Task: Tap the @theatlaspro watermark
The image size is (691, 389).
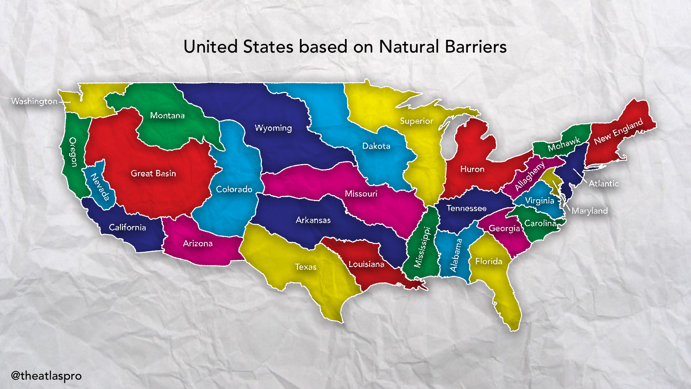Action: tap(46, 376)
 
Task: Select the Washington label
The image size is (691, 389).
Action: tap(34, 101)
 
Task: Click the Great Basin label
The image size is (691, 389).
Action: tap(153, 173)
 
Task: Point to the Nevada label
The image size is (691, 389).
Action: tap(100, 187)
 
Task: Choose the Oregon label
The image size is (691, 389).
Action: tap(73, 152)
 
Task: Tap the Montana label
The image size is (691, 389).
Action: tap(167, 116)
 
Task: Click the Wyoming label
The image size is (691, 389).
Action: tap(273, 128)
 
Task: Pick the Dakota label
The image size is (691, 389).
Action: tap(376, 146)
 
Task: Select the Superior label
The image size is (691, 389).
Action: tap(416, 121)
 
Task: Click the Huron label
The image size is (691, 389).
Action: tap(472, 169)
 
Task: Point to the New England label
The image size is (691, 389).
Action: tap(618, 131)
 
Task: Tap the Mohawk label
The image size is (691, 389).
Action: tap(564, 144)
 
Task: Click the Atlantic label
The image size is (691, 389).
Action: tap(604, 184)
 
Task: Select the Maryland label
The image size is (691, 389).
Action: tap(590, 211)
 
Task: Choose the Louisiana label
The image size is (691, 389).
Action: tap(366, 264)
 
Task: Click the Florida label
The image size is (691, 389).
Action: tap(489, 261)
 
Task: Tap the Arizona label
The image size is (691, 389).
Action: tap(198, 243)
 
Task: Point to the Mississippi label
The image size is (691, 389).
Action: tap(423, 247)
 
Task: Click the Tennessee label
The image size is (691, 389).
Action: tap(466, 208)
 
